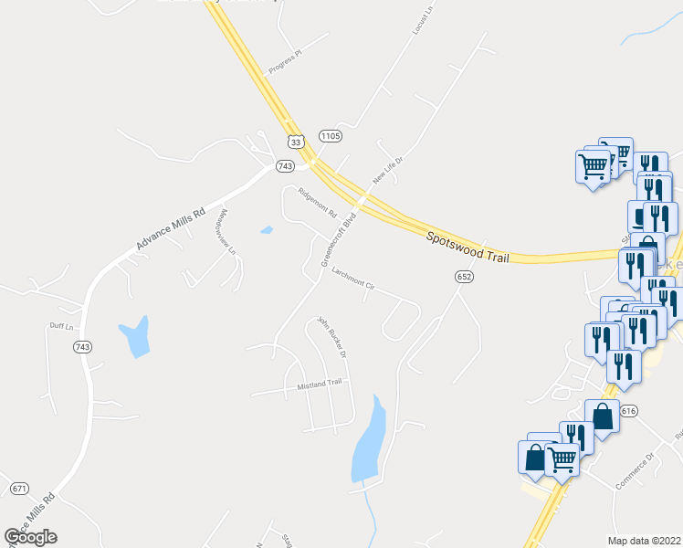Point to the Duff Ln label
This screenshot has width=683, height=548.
tap(59, 326)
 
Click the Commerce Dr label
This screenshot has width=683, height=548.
tap(636, 471)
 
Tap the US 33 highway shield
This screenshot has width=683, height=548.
tap(294, 142)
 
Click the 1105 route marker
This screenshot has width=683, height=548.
tap(330, 136)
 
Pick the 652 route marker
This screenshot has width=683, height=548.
tap(464, 276)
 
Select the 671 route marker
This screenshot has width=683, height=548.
tap(19, 489)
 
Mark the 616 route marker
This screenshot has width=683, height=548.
tap(628, 412)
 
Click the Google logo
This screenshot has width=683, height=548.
tap(30, 537)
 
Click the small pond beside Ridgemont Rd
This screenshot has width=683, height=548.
tap(266, 230)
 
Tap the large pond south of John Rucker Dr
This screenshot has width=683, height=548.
tap(371, 439)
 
